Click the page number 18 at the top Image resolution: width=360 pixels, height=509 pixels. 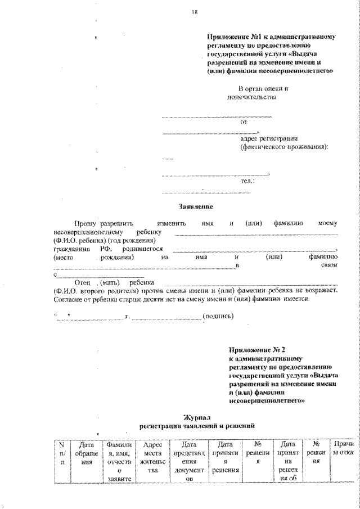pyautogui.click(x=195, y=12)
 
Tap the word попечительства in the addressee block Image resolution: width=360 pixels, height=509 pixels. pyautogui.click(x=251, y=97)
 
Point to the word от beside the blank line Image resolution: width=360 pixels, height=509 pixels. pyautogui.click(x=243, y=121)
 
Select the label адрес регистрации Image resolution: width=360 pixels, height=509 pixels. pyautogui.click(x=268, y=138)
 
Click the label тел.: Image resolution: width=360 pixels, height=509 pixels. pyautogui.click(x=247, y=181)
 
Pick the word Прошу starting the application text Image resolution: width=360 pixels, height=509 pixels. pyautogui.click(x=78, y=223)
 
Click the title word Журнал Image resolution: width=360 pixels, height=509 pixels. pyautogui.click(x=196, y=418)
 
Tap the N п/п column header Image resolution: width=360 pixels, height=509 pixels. pyautogui.click(x=62, y=453)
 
